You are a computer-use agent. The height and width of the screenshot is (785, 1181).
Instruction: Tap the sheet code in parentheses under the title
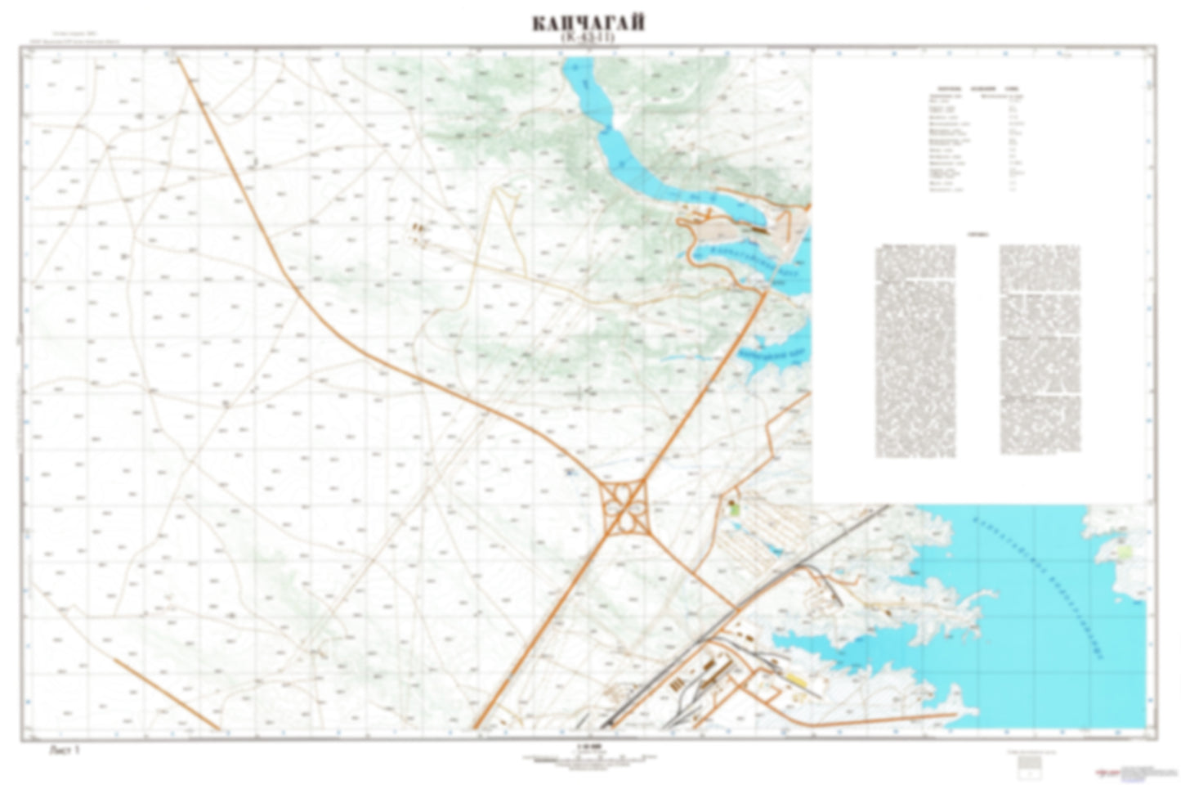click(x=588, y=38)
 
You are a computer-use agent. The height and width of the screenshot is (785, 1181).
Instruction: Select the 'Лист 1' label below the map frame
click(x=66, y=748)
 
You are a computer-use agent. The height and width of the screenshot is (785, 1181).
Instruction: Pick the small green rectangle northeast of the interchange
click(x=733, y=508)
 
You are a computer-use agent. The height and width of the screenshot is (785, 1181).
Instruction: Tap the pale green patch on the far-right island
click(x=1125, y=553)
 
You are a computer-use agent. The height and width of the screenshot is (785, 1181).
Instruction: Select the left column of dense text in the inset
click(x=915, y=352)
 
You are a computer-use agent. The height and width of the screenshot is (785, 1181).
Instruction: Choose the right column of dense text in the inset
click(x=1040, y=352)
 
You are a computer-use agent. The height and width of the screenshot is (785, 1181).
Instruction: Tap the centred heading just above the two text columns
click(x=977, y=233)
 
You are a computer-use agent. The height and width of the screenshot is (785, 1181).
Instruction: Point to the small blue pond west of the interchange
click(x=568, y=472)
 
